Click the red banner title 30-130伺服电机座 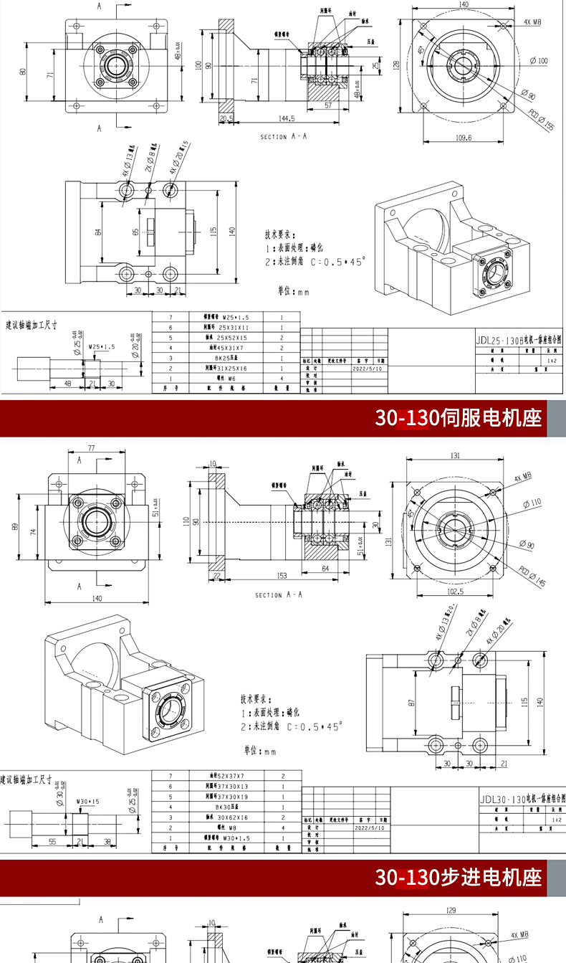[459, 417]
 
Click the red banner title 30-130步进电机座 [459, 876]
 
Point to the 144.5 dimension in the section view [287, 118]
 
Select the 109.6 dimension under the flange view [464, 138]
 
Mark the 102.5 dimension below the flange [454, 592]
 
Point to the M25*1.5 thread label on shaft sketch [102, 346]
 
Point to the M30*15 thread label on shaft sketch [87, 802]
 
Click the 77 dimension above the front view [91, 448]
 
